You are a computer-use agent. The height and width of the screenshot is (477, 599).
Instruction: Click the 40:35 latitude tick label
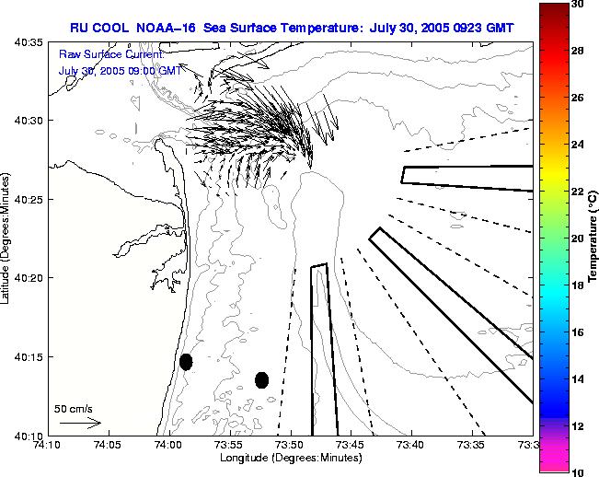pyautogui.click(x=29, y=42)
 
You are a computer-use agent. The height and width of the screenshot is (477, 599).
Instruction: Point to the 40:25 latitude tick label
pyautogui.click(x=29, y=199)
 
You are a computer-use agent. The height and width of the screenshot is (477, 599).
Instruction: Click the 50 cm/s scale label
pyautogui.click(x=73, y=408)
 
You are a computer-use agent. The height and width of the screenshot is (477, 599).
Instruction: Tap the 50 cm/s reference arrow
pyautogui.click(x=80, y=423)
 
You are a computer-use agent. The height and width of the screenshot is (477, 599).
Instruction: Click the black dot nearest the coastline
pyautogui.click(x=186, y=361)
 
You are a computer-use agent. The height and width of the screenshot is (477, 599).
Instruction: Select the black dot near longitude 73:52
pyautogui.click(x=261, y=379)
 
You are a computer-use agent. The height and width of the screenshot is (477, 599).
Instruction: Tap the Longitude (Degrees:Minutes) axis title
pyautogui.click(x=290, y=458)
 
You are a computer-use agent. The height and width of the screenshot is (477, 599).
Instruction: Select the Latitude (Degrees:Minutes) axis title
pyautogui.click(x=7, y=238)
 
